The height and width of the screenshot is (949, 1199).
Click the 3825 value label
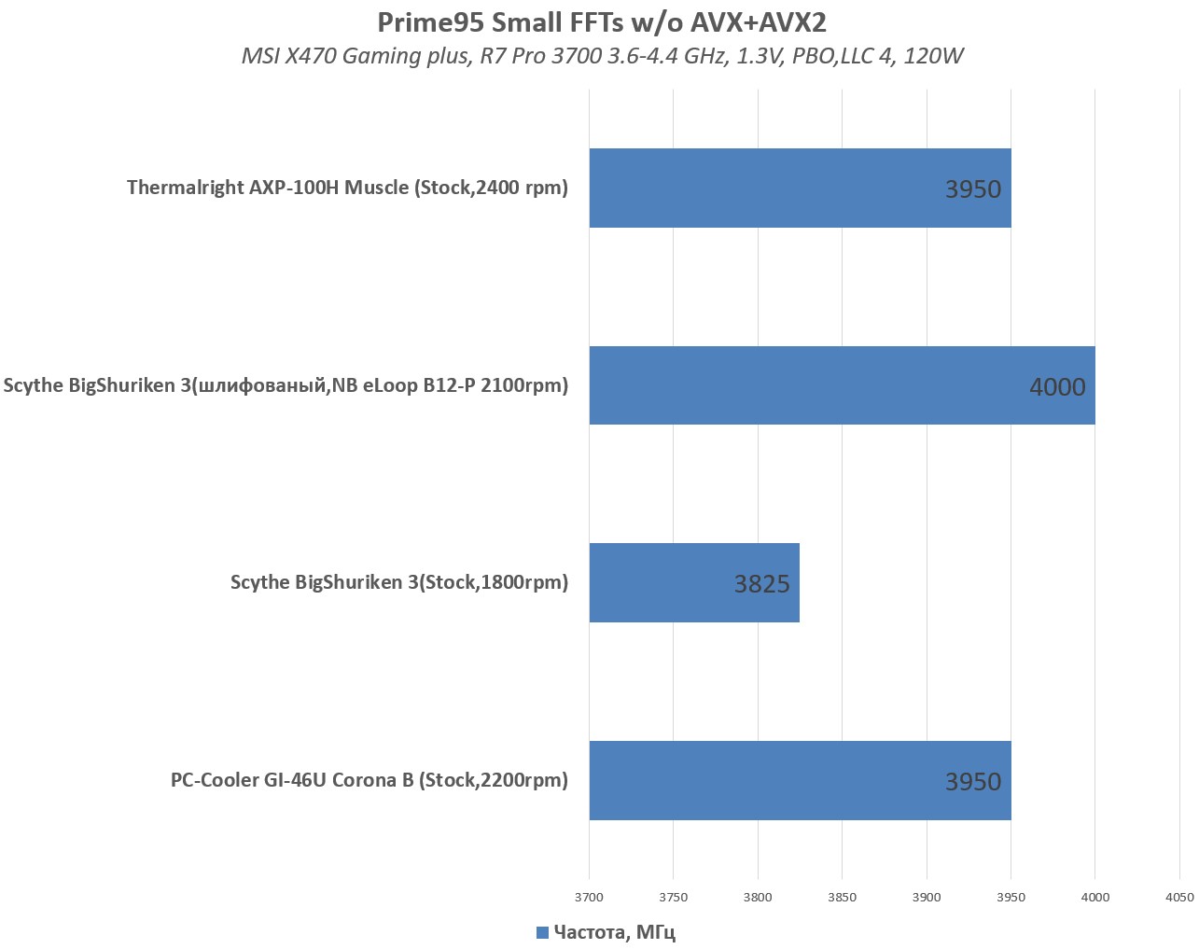[x=761, y=584]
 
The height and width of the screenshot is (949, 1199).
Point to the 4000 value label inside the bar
[x=1057, y=387]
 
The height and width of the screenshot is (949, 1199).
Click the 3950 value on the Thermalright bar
[x=972, y=189]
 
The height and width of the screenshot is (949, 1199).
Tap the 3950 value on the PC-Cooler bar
[x=972, y=782]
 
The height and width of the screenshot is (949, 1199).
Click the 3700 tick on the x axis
[x=589, y=898]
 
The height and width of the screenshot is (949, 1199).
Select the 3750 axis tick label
[x=673, y=898]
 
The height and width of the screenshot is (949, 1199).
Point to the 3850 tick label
[x=842, y=898]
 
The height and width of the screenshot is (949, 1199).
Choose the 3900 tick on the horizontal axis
[x=927, y=898]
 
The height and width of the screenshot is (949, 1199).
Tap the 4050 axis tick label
[x=1179, y=898]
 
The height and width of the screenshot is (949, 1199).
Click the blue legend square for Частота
[x=542, y=932]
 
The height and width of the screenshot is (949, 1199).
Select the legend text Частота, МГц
[x=614, y=932]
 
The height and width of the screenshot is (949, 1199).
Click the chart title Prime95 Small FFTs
[x=602, y=21]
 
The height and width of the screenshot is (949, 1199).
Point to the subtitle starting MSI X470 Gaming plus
[x=602, y=56]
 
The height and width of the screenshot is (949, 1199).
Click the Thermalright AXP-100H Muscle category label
[x=347, y=188]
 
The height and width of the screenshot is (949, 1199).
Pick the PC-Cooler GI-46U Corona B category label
[x=369, y=780]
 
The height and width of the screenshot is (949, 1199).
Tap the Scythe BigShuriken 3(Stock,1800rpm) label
[x=399, y=582]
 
